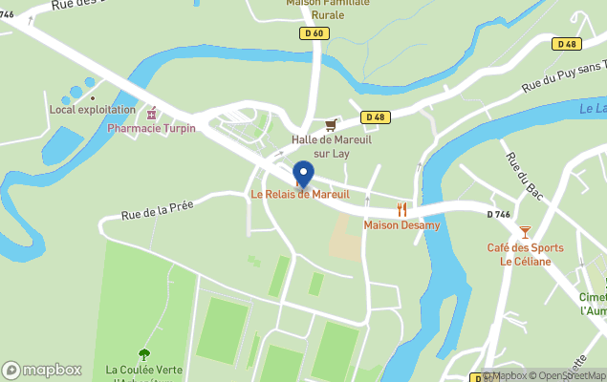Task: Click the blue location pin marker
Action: pos(303,174)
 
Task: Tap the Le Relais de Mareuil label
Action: pos(300,195)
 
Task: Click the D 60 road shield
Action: pos(313,33)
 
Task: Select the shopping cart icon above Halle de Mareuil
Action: pos(331,125)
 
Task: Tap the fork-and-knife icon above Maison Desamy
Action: pos(401,209)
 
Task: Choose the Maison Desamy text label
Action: pos(401,225)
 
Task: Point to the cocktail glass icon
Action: pos(525,232)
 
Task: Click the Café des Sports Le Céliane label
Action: pos(525,255)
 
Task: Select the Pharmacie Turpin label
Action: pos(151,128)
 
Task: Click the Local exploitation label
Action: pos(93,110)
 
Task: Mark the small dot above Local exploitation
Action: pos(93,96)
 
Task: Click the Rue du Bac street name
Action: pos(524,178)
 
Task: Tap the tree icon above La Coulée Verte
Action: pos(144,354)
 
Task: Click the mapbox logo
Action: pos(42,370)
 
